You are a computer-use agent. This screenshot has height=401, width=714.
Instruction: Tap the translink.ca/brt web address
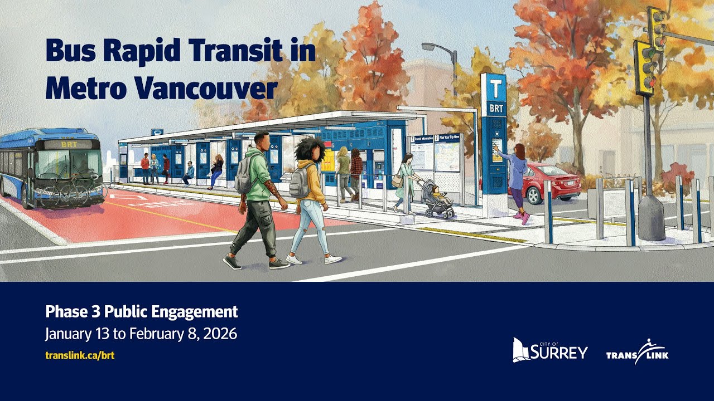pyautogui.click(x=80, y=355)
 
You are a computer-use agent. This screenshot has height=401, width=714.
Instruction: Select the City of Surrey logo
pyautogui.click(x=550, y=350)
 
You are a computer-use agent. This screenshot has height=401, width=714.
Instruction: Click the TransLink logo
pyautogui.click(x=637, y=353)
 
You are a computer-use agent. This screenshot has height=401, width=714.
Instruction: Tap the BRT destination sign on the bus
pyautogui.click(x=69, y=144)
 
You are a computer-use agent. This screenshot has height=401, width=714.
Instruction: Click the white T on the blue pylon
pyautogui.click(x=494, y=88)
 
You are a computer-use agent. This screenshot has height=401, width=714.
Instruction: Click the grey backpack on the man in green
pyautogui.click(x=244, y=177)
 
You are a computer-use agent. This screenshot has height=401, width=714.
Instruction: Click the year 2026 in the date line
pyautogui.click(x=220, y=334)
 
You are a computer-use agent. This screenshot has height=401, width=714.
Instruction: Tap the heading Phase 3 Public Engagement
pyautogui.click(x=141, y=311)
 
